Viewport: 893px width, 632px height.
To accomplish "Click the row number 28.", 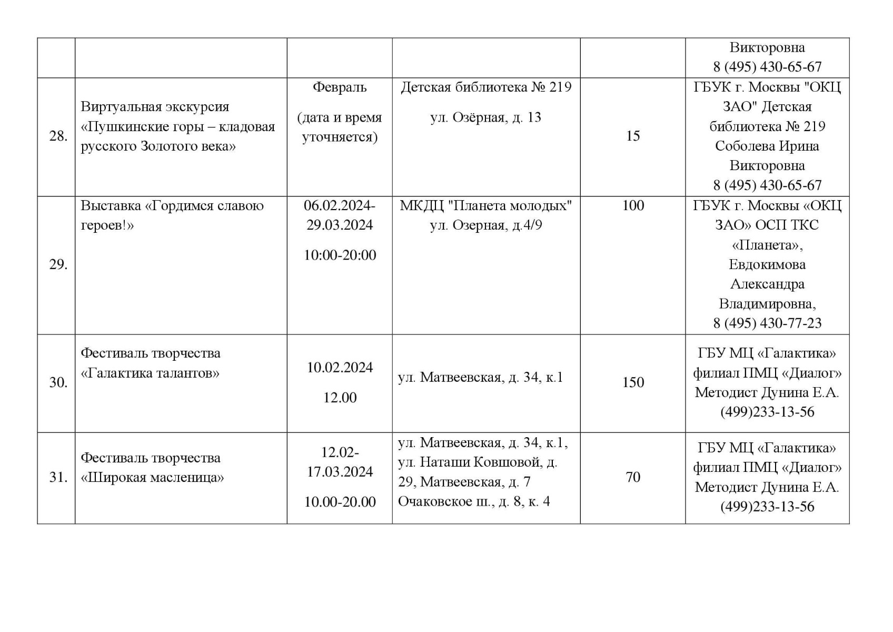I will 58,136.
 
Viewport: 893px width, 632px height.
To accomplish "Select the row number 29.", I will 58,264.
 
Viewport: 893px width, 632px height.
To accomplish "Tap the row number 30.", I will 58,382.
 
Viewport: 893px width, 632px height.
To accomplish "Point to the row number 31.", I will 58,478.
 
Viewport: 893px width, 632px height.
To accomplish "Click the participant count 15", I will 632,136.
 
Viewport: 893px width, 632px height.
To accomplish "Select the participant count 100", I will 632,205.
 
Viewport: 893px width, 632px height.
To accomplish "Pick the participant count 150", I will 632,382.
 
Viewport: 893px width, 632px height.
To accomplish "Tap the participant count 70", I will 632,477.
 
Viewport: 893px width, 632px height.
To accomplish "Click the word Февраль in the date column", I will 340,87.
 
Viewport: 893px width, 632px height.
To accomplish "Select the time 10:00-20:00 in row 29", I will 340,255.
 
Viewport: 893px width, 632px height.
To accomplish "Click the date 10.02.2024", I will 340,368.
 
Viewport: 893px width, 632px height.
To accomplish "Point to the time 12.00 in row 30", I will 340,398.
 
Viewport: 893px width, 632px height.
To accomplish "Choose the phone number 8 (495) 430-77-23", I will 767,323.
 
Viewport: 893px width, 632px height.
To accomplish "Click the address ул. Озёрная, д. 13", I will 485,117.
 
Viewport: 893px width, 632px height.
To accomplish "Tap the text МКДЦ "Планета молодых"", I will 485,205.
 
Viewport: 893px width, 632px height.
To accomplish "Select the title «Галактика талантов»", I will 150,373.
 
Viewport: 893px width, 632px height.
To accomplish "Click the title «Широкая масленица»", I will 152,478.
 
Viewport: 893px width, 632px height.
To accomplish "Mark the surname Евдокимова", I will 767,264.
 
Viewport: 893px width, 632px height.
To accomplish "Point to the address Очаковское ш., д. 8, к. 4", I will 474,501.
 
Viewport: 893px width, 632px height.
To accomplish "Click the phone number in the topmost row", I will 767,67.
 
